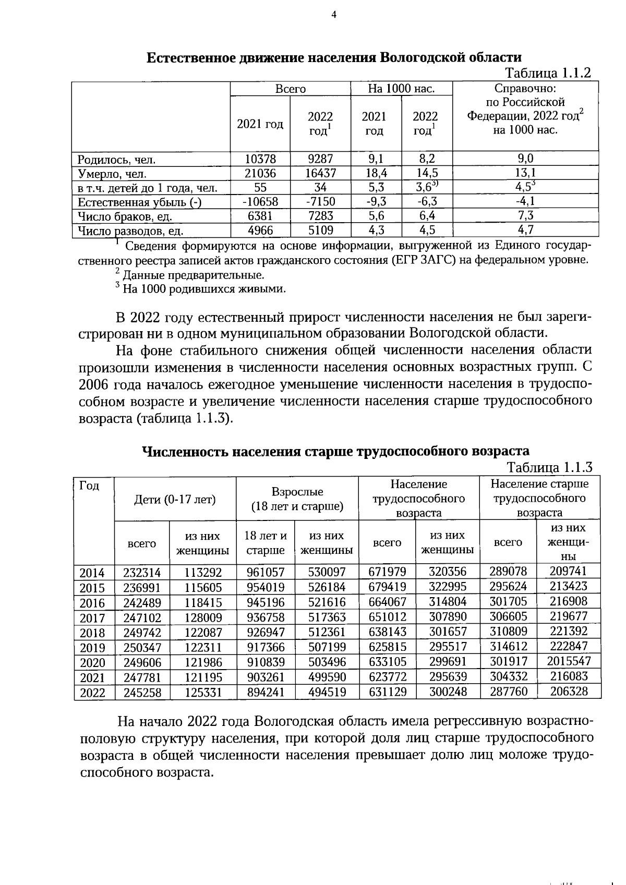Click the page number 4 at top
[x=334, y=15]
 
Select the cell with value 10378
[x=260, y=159]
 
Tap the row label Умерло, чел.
[x=112, y=174]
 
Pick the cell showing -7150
[x=320, y=202]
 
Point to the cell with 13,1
[x=525, y=173]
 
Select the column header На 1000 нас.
[x=401, y=89]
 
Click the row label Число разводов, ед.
[x=130, y=231]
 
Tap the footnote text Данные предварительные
[x=193, y=275]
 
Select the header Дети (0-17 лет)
[x=175, y=500]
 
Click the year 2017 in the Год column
[x=92, y=618]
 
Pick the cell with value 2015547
[x=569, y=661]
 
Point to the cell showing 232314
[x=142, y=573]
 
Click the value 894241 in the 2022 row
[x=266, y=693]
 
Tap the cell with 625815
[x=387, y=647]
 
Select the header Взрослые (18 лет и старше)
[x=297, y=499]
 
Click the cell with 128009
[x=203, y=618]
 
